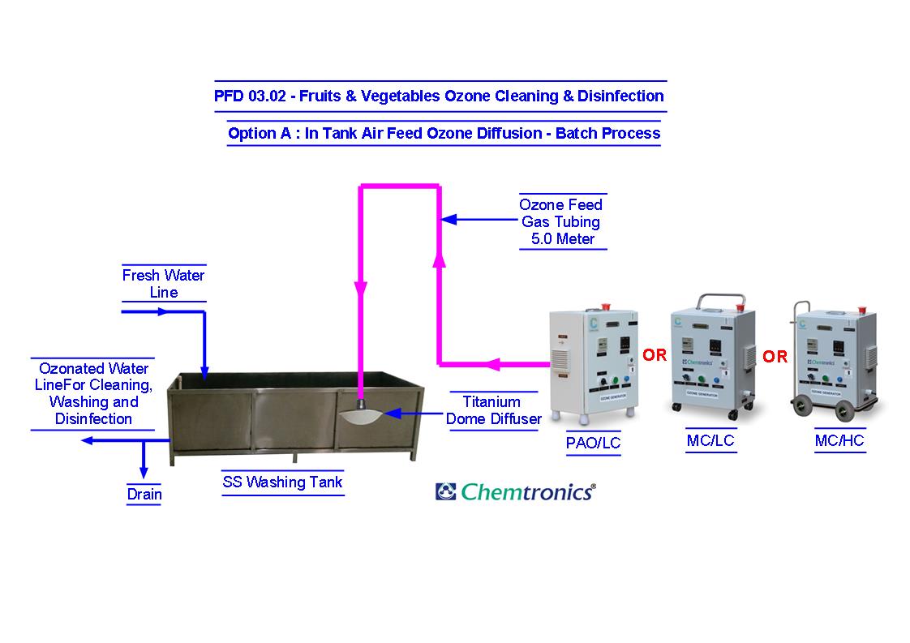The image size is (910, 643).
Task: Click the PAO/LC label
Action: click(x=592, y=443)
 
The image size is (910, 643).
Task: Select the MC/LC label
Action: click(x=710, y=440)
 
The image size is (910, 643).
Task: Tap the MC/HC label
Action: click(x=839, y=440)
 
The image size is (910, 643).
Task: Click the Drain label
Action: click(x=144, y=494)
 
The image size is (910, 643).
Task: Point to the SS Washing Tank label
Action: click(x=282, y=482)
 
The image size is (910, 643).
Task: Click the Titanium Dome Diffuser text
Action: click(x=493, y=409)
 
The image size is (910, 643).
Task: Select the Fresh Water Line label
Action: click(x=163, y=283)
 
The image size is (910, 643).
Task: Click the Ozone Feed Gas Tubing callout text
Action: click(x=561, y=221)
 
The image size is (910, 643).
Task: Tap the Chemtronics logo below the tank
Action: click(x=515, y=491)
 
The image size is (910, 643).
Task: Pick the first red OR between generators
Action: click(x=655, y=355)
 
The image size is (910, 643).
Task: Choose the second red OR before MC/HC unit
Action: click(x=775, y=357)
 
